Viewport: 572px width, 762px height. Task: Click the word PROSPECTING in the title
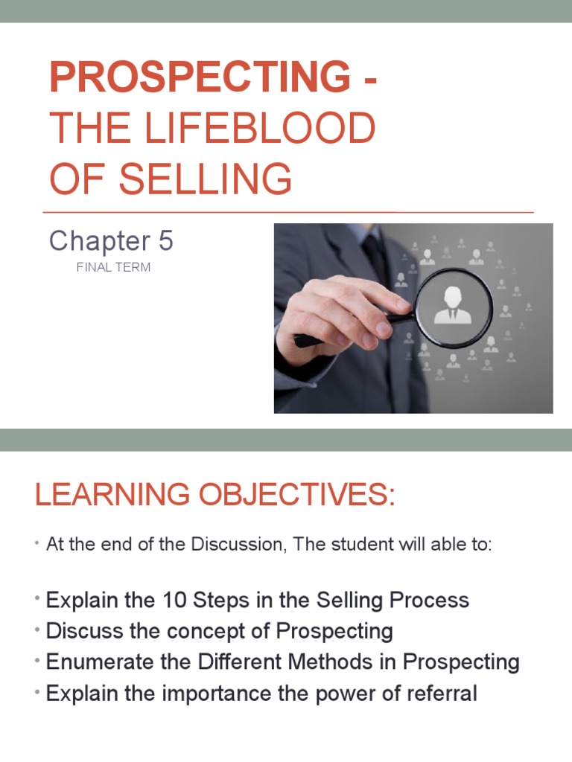[x=199, y=78]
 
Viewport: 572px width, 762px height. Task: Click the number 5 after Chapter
[x=165, y=240]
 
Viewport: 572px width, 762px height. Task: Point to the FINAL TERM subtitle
[x=113, y=267]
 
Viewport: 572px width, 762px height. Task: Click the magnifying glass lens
[x=453, y=307]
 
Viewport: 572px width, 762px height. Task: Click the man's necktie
[x=372, y=253]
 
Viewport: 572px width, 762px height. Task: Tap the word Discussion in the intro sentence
[x=238, y=545]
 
